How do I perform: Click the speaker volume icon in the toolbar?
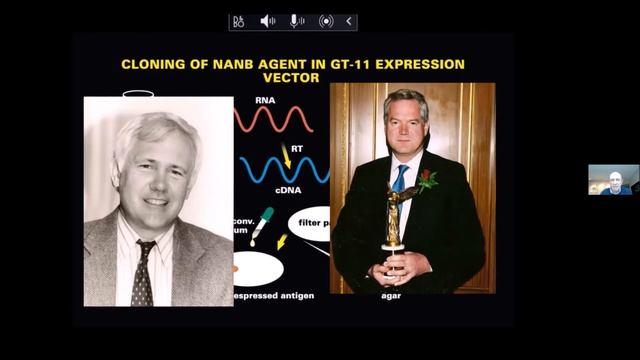[x=268, y=21]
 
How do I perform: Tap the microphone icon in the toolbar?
[x=297, y=21]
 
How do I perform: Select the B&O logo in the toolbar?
[x=238, y=21]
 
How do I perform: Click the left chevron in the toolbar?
[x=349, y=21]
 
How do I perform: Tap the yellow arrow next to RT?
[x=287, y=155]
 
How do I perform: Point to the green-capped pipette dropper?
[x=261, y=225]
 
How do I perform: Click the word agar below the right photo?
[x=390, y=296]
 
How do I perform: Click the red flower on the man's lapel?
[x=428, y=181]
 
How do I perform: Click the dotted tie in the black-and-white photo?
[x=142, y=271]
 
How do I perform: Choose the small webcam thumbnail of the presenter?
[x=613, y=179]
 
